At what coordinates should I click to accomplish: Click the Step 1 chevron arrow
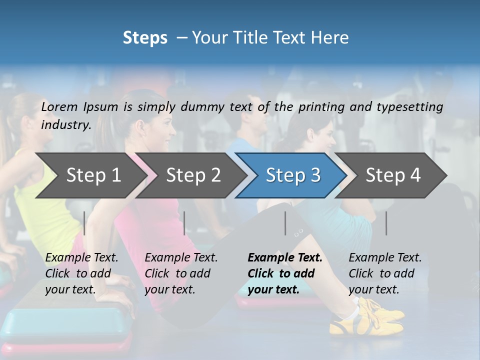point(93,175)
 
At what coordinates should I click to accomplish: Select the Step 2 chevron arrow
point(193,175)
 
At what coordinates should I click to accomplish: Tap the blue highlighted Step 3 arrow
point(293,175)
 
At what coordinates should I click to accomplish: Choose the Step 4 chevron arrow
point(393,175)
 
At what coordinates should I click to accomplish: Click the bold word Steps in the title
point(145,38)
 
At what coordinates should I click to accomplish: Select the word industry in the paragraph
point(66,125)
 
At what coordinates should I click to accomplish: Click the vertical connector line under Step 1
point(84,223)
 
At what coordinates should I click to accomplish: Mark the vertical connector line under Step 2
point(184,223)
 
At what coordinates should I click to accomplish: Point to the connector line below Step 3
point(285,223)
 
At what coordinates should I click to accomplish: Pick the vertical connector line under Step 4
point(386,223)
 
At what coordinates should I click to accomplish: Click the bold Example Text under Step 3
point(285,258)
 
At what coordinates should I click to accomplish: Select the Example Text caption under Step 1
point(81,258)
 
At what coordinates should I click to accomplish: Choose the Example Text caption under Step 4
point(385,258)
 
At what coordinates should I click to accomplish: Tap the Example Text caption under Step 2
point(181,258)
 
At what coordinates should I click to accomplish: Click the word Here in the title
point(332,38)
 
